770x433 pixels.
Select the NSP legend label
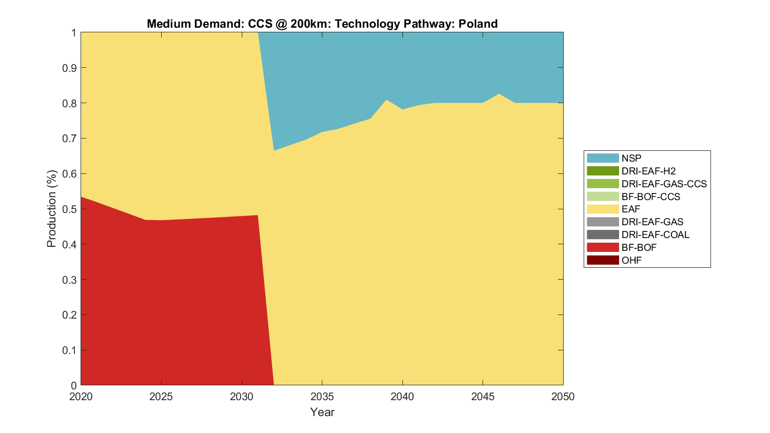pos(631,159)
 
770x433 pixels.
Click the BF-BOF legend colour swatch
pos(603,247)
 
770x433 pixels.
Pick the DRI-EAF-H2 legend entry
pos(648,171)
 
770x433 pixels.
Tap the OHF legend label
pos(631,260)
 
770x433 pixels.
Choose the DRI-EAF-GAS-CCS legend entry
pos(664,184)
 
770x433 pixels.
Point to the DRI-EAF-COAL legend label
pos(655,234)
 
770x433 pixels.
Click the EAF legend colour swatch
pos(603,209)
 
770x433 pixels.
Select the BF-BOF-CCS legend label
pos(650,196)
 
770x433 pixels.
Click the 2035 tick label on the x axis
pos(322,397)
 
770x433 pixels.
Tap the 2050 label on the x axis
pos(563,397)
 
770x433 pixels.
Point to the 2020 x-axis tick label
pos(81,397)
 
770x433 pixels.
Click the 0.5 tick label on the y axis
pos(70,209)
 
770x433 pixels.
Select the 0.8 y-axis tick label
pos(70,103)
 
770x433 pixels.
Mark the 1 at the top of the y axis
pos(73,33)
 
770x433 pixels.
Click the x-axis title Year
pos(322,412)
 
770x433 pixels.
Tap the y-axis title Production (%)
pos(51,209)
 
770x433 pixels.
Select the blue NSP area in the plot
pos(411,67)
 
